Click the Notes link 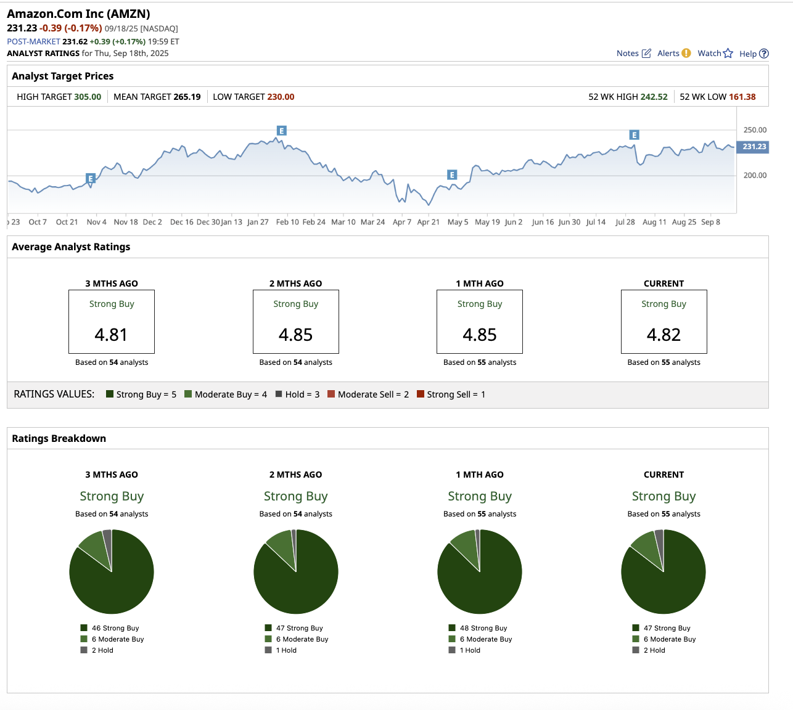(633, 54)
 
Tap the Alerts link (673, 54)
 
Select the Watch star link (715, 54)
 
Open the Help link (754, 54)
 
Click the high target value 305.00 (88, 97)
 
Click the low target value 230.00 (281, 97)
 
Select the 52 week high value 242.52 (654, 97)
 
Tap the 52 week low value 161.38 (742, 97)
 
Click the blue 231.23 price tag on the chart (754, 147)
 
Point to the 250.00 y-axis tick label (755, 130)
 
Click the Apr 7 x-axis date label (401, 222)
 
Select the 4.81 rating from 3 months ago (111, 335)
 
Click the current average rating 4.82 (664, 335)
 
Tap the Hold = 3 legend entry (297, 394)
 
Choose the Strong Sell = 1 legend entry (451, 394)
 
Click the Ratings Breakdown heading (59, 438)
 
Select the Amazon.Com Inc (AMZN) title (78, 14)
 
